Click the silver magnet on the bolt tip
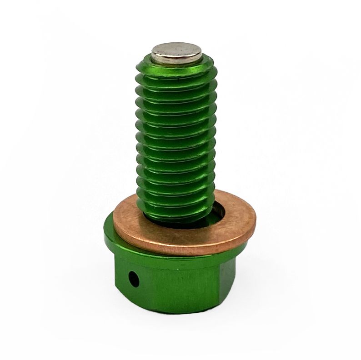tap(177, 53)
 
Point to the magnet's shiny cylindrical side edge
tap(177, 60)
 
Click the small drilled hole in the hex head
tap(134, 278)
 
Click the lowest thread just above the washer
tap(175, 207)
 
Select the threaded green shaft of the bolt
tap(175, 136)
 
